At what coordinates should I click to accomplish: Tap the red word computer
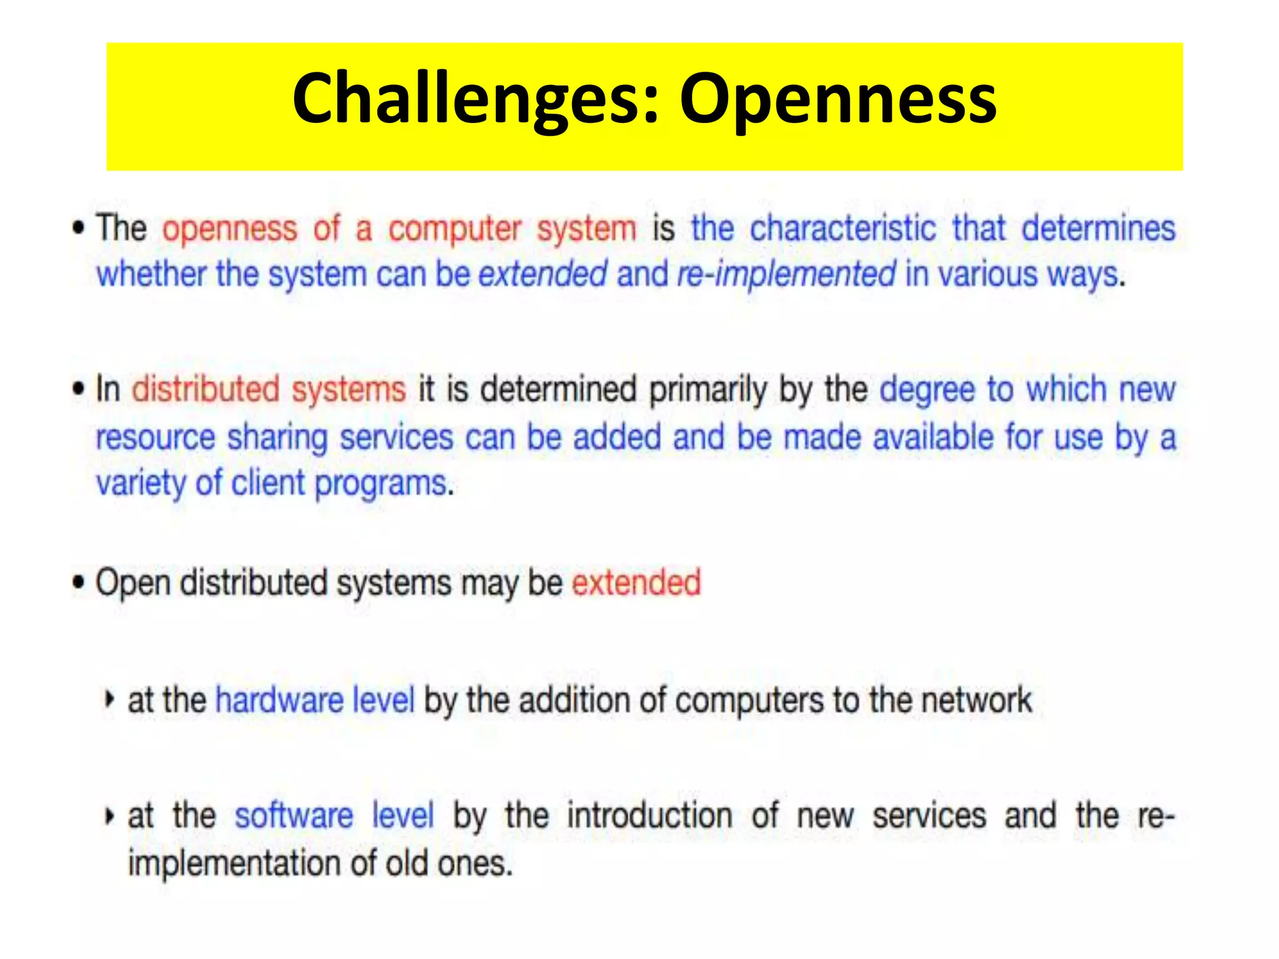[x=454, y=229]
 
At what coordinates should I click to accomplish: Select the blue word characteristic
[x=842, y=229]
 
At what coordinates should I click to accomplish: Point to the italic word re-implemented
[x=786, y=275]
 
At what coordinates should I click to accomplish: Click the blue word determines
[x=1098, y=229]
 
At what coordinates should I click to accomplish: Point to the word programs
[x=382, y=484]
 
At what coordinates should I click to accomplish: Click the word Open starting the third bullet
[x=132, y=584]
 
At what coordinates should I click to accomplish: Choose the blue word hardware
[x=279, y=700]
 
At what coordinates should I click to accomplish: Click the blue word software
[x=294, y=816]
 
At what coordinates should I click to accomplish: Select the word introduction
[x=649, y=816]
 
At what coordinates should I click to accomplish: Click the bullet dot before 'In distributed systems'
[x=78, y=389]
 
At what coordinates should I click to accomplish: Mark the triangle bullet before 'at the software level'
[x=109, y=816]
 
